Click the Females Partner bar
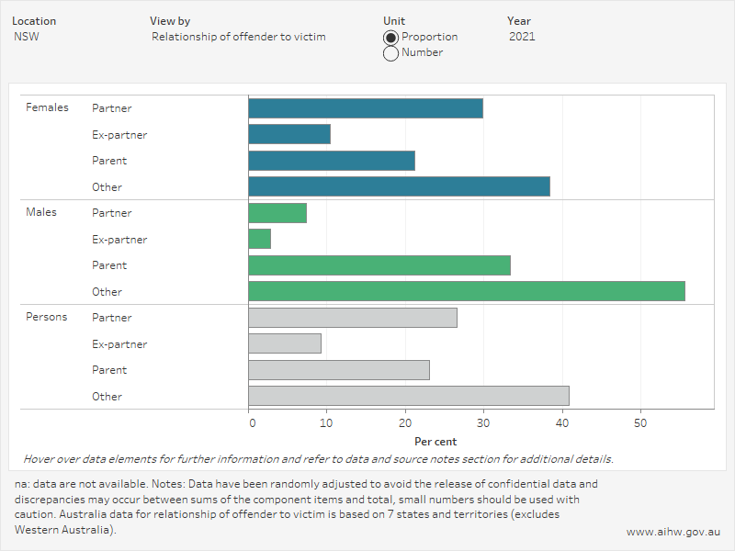tap(365, 108)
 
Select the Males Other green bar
tap(466, 292)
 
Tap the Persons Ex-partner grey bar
tap(285, 343)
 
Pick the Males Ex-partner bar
tap(259, 239)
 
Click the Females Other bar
tap(399, 186)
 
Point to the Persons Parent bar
tap(338, 370)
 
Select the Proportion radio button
tap(390, 38)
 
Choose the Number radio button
tap(390, 53)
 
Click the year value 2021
tap(522, 37)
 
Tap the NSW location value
tap(26, 37)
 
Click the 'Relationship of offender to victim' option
tap(238, 37)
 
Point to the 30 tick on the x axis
tap(482, 423)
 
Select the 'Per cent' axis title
tap(435, 442)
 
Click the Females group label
tap(47, 107)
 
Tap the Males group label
tap(40, 212)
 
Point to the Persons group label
tap(46, 317)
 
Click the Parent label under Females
tap(109, 161)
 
